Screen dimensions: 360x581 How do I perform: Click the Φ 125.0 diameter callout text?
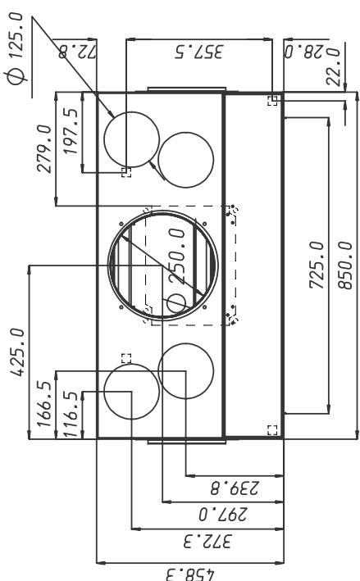[16, 48]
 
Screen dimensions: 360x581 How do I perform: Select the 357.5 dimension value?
[199, 52]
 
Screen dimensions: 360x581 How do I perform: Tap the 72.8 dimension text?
[77, 52]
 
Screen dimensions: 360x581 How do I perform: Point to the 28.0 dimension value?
[303, 52]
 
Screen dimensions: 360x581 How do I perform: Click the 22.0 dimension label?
[333, 66]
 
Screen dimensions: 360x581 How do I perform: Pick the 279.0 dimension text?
[44, 148]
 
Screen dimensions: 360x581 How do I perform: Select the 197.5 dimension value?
[71, 131]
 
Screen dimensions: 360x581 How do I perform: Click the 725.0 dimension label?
[317, 265]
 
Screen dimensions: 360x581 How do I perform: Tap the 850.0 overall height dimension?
[345, 265]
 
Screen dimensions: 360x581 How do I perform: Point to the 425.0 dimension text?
[18, 352]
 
